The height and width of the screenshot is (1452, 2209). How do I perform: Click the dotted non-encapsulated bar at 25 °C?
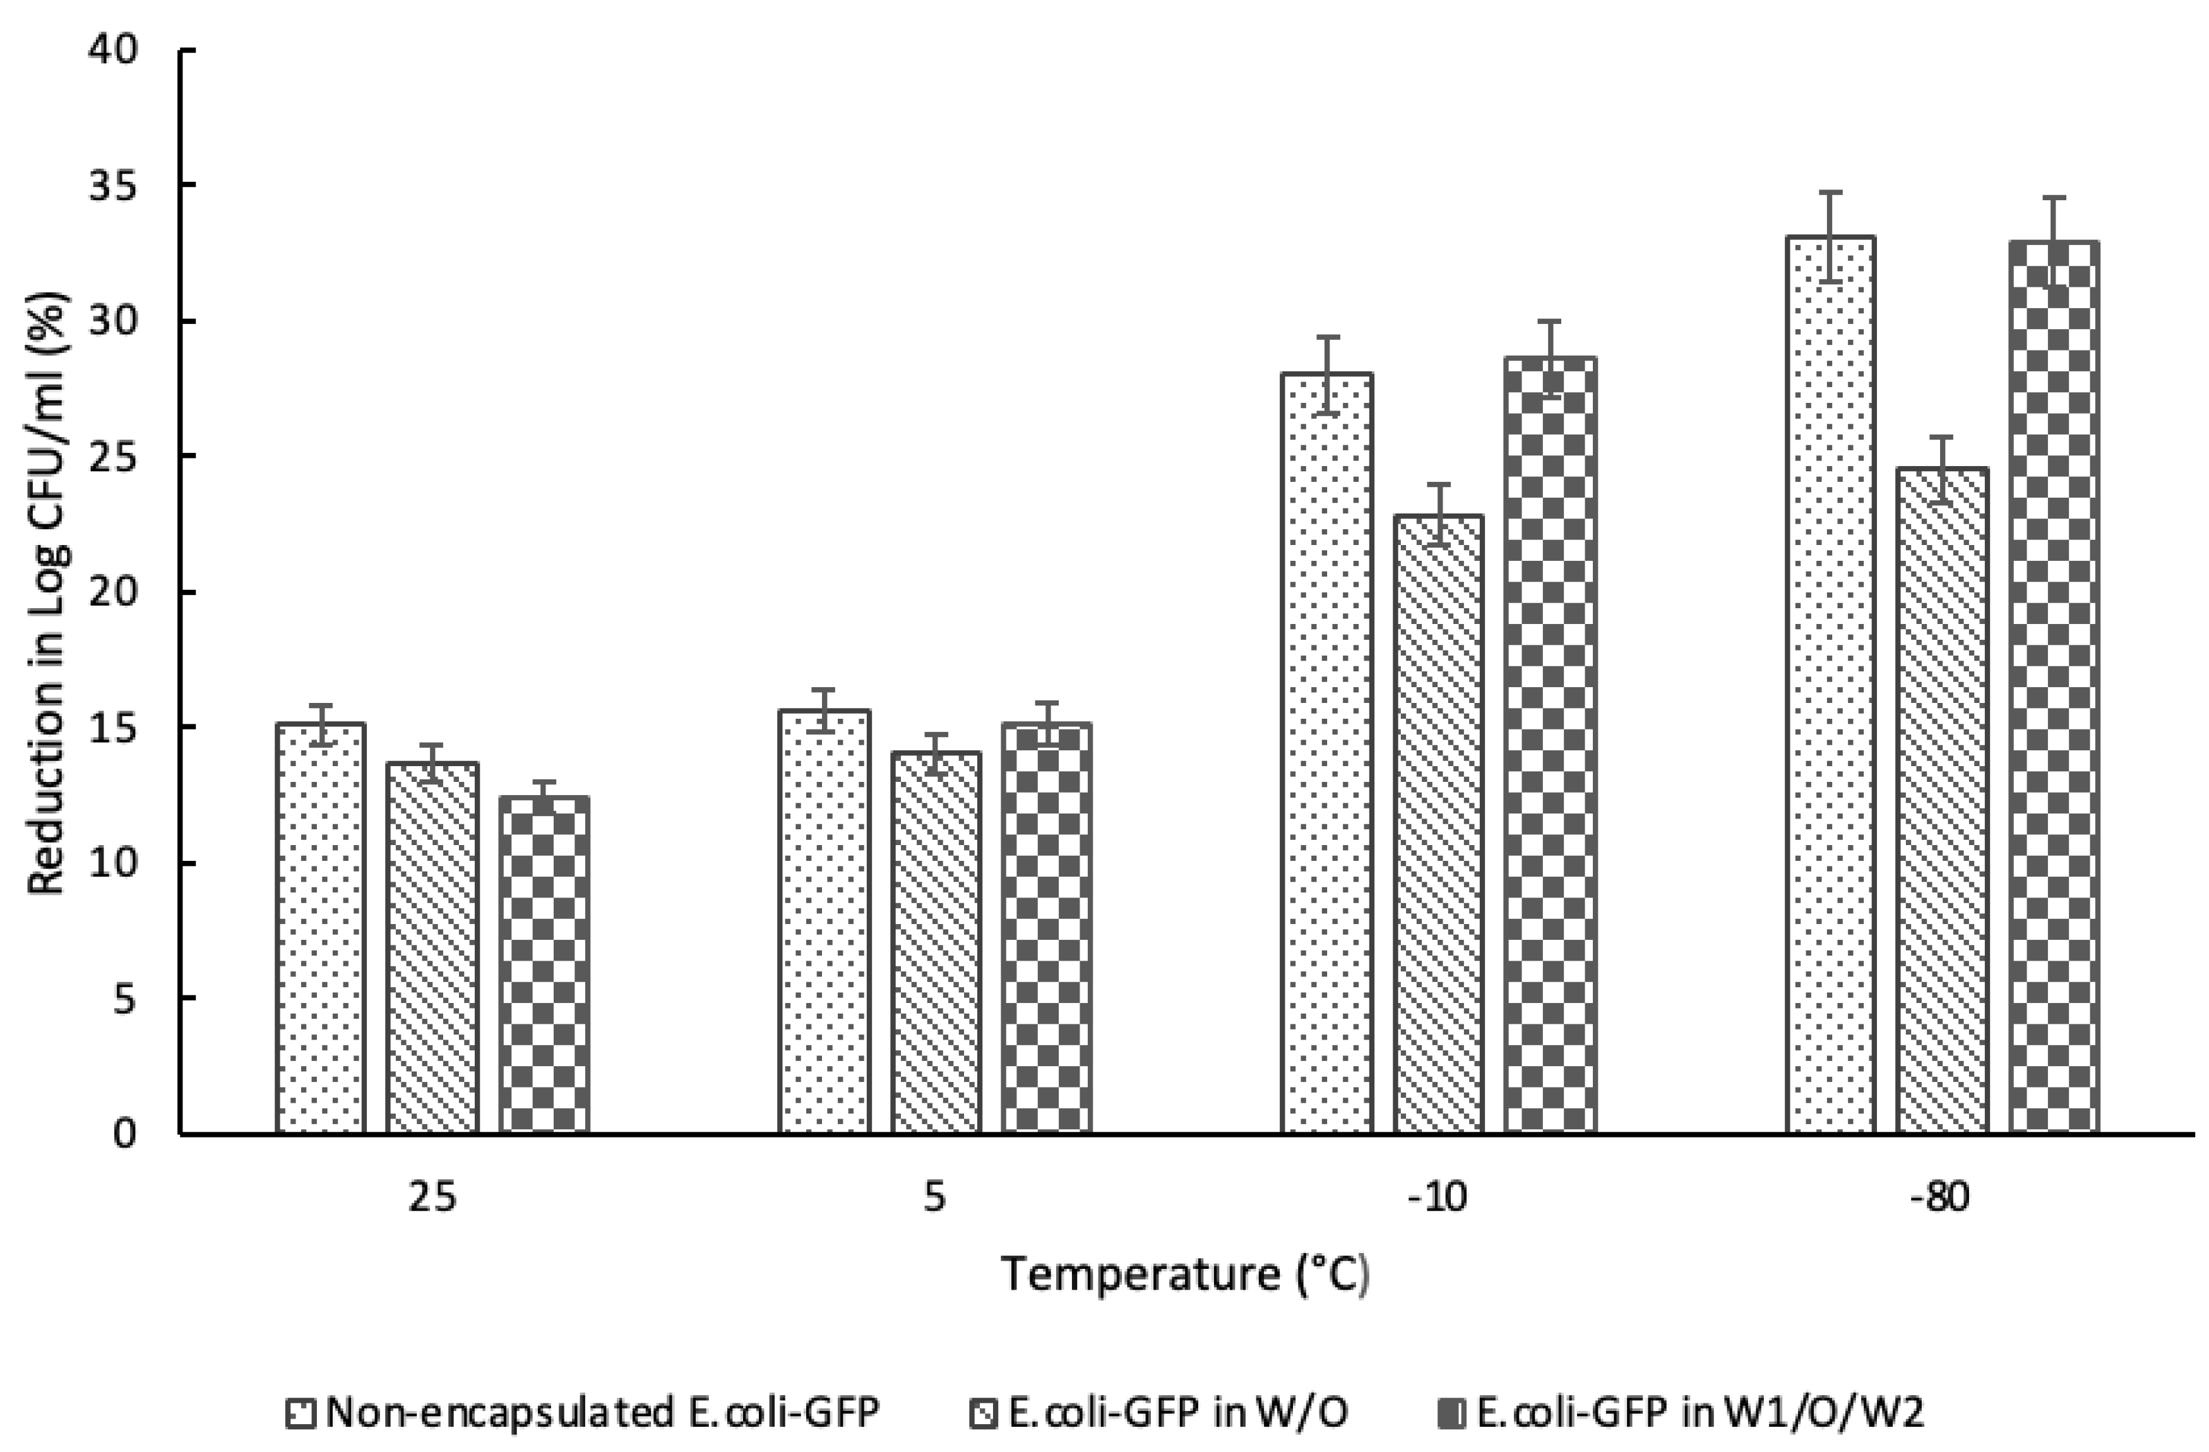coord(320,928)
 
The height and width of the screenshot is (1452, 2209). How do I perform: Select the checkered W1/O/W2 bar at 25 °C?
coord(544,966)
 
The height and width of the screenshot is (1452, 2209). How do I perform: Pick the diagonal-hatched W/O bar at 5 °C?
coord(936,942)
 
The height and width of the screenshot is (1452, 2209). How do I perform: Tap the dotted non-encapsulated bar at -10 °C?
coord(1326,752)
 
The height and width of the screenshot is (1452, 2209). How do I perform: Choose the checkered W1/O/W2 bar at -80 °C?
coord(2054,687)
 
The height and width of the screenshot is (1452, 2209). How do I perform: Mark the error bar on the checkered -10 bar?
coord(1550,358)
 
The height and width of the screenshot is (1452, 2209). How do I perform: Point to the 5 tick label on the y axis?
coord(125,1000)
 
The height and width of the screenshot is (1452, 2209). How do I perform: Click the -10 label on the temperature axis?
coord(1438,1197)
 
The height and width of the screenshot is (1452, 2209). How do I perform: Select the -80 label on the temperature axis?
coord(1940,1197)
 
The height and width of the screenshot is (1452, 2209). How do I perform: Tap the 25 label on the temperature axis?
coord(432,1197)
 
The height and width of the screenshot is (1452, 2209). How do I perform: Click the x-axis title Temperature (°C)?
coord(1185,1274)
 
